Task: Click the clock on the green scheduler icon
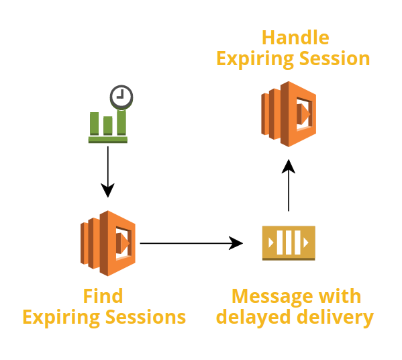point(121,97)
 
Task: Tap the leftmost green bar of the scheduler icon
point(94,124)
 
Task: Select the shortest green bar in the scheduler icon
point(107,126)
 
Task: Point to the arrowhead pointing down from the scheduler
point(107,190)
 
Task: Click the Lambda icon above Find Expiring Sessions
point(108,243)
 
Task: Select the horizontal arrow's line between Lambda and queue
point(185,243)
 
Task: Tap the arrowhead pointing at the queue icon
point(236,243)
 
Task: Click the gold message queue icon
point(289,243)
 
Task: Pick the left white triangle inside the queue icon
point(270,242)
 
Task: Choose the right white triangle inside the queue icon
point(306,242)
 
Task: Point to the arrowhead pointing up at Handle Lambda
point(289,167)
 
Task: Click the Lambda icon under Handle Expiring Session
point(289,114)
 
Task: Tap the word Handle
point(295,38)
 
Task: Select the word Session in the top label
point(335,58)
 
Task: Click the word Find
point(103,296)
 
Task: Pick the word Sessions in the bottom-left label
point(146,317)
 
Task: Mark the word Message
point(272,297)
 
